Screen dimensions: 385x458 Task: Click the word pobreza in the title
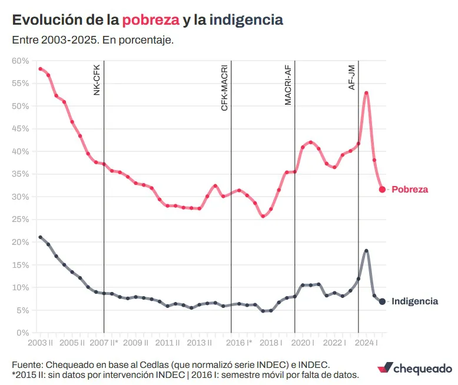pos(150,20)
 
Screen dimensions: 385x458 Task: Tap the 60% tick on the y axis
pos(21,61)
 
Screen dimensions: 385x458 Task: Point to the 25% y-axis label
pos(21,219)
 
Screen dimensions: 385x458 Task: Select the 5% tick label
pos(22,310)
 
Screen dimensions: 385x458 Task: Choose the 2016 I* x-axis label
pos(239,343)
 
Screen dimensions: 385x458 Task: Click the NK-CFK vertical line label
pos(97,79)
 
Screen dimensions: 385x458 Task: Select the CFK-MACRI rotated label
pos(224,88)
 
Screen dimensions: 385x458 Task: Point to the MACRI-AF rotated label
pos(288,85)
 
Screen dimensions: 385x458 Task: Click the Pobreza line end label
pos(410,190)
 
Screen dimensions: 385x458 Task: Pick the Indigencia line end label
pos(414,301)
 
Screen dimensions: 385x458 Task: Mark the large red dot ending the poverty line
pos(382,190)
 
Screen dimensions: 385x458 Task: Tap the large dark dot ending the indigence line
pos(382,301)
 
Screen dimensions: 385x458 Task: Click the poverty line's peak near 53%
pos(366,93)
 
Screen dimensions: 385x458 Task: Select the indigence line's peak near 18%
pos(366,251)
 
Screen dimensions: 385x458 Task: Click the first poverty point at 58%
pos(40,69)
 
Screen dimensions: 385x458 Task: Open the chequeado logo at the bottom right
pos(414,368)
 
